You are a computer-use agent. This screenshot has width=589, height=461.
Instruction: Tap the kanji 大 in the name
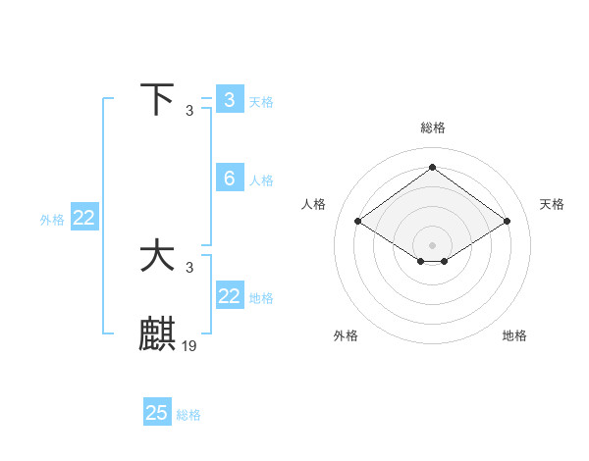pos(157,257)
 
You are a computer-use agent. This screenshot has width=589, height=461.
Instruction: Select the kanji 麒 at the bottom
pos(157,334)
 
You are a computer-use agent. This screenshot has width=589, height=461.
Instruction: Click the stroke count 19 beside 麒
pos(189,345)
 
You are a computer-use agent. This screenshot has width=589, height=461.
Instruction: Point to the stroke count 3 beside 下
pos(189,110)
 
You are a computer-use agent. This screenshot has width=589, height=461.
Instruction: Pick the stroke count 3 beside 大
pos(189,268)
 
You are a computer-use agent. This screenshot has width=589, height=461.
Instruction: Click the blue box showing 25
pos(157,413)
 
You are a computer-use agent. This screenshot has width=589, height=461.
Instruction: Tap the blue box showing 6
pos(230,179)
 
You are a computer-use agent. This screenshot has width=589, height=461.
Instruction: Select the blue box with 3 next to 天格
pos(230,100)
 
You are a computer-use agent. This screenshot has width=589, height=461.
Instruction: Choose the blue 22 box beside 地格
pos(230,296)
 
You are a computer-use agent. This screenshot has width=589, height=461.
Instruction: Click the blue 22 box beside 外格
pos(83,218)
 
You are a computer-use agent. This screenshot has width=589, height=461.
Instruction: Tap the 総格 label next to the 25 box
pos(188,415)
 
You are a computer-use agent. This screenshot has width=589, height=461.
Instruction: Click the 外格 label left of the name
pos(52,220)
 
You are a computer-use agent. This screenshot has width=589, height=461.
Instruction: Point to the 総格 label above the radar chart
pos(432,128)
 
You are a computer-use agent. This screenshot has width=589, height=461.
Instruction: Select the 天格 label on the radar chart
pos(552,204)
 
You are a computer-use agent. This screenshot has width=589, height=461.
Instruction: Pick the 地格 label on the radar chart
pos(514,335)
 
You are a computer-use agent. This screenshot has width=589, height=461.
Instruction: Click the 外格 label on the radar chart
pos(346,335)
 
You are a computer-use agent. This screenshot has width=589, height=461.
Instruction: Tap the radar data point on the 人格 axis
pos(358,222)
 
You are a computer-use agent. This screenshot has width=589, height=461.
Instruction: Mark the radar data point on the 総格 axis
pos(432,168)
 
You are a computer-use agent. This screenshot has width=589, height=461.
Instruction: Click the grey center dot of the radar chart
pos(432,244)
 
